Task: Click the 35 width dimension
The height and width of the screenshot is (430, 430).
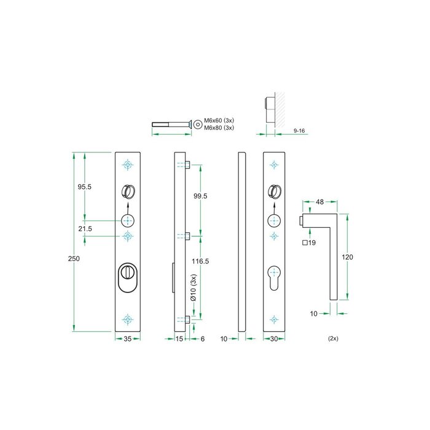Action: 127,338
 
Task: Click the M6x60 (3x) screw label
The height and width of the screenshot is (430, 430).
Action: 220,120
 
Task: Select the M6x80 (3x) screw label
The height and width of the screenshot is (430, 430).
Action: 220,128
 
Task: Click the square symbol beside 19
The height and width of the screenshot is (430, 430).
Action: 305,243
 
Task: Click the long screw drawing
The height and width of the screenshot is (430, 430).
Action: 171,125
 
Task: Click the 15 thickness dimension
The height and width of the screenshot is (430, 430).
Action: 179,338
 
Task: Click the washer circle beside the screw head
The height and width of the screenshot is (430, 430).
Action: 198,124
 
